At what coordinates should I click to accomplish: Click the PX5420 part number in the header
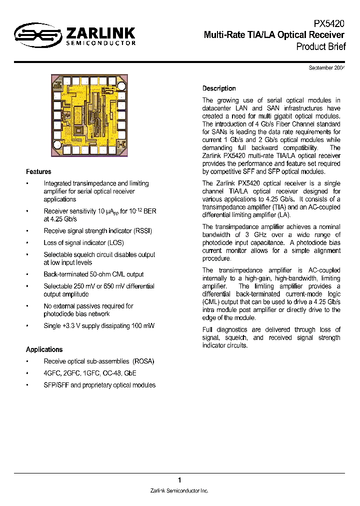pos(329,23)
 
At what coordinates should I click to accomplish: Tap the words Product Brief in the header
pos(320,46)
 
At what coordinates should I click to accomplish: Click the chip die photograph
pos(91,115)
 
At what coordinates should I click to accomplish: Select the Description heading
pos(219,88)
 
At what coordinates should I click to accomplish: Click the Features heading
pos(38,171)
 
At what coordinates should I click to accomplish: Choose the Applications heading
pos(44,349)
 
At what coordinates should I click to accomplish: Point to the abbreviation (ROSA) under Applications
pos(143,361)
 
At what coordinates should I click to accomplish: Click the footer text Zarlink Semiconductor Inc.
pos(179,490)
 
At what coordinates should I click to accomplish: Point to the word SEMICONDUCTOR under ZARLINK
pos(101,43)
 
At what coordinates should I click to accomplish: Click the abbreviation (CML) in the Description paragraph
pos(212,302)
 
